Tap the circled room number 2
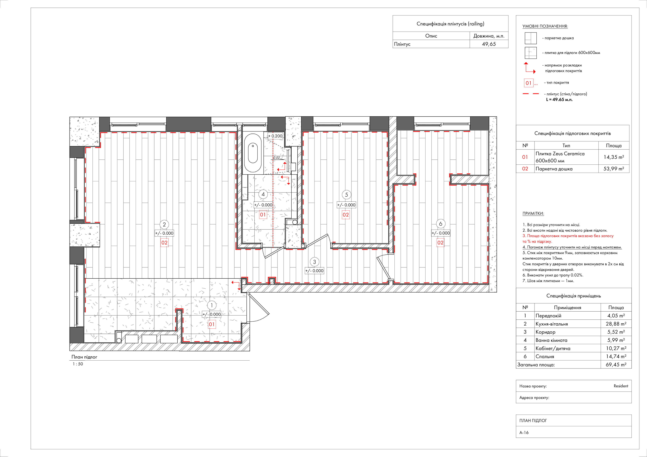(x=164, y=224)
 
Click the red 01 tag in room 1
(x=212, y=324)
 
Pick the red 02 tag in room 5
(x=346, y=215)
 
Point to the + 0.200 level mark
(x=275, y=136)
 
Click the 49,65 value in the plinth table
(x=489, y=44)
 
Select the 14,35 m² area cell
(x=614, y=157)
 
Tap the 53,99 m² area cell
(x=614, y=169)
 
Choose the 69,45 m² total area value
(x=616, y=365)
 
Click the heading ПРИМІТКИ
(x=533, y=214)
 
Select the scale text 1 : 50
(x=78, y=364)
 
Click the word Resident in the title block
(x=621, y=386)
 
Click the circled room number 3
(x=314, y=262)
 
